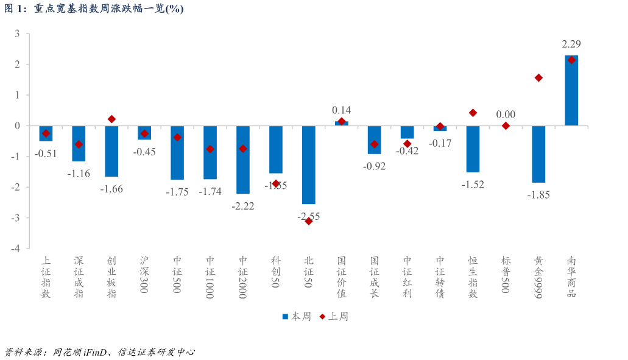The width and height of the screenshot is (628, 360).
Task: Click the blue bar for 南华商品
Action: tap(571, 91)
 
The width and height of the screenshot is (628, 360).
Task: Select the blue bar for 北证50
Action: tap(309, 164)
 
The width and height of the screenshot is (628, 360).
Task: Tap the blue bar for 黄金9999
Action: tap(538, 154)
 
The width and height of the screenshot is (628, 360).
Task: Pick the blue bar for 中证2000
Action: tap(243, 160)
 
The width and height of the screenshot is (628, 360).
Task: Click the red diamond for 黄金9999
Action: tap(538, 78)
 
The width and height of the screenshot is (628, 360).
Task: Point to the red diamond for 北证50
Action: tap(309, 221)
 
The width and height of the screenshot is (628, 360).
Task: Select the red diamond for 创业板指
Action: tap(111, 119)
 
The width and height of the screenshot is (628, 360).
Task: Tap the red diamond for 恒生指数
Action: tap(473, 113)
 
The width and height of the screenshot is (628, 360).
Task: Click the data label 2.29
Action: tap(571, 44)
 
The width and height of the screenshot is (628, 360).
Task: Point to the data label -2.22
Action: tap(243, 206)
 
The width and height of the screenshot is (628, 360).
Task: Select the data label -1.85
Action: tap(538, 195)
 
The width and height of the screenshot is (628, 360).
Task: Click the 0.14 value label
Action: tap(342, 110)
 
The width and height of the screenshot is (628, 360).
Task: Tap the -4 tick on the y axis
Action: tap(18, 249)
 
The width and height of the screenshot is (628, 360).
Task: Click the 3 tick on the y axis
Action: tap(18, 34)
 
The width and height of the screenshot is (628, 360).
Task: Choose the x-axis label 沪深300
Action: tap(144, 274)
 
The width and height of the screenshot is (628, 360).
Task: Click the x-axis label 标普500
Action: tap(506, 274)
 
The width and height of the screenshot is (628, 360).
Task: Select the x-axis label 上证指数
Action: tap(46, 277)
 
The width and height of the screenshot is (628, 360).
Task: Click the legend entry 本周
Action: tap(297, 317)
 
